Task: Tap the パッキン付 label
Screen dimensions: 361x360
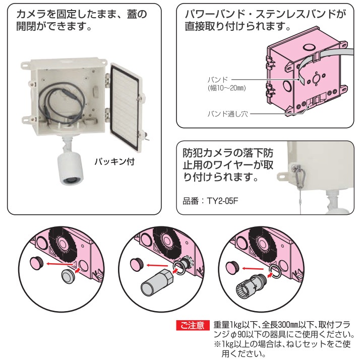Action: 114,161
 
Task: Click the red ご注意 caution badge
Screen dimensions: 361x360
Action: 193,325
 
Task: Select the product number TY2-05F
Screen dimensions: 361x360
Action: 222,201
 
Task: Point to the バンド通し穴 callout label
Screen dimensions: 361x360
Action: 227,114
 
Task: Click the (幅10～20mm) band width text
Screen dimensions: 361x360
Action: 226,88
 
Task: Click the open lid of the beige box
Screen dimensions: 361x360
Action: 126,106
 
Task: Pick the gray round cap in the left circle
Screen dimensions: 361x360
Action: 68,276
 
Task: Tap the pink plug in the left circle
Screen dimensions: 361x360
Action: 37,263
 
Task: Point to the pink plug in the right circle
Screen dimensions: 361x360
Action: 232,267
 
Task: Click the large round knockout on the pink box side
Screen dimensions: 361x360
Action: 287,86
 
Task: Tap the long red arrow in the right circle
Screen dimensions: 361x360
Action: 253,268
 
